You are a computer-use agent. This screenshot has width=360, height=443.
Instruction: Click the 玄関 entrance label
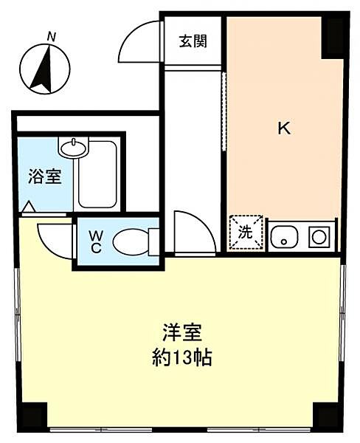click(x=192, y=41)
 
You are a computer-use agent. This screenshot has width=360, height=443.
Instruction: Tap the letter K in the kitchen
click(x=283, y=128)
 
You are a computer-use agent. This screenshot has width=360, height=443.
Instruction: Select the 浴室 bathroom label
click(x=45, y=176)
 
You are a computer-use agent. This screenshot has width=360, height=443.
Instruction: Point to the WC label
click(x=96, y=241)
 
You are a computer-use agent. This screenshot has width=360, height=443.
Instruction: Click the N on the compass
click(x=51, y=35)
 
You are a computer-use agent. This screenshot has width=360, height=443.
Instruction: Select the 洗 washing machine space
click(x=246, y=231)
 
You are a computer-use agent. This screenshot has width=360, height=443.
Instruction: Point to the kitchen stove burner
click(x=319, y=237)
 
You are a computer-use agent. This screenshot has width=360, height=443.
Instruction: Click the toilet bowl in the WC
click(x=134, y=241)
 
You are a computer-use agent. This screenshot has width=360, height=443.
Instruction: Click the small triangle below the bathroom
click(x=28, y=207)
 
